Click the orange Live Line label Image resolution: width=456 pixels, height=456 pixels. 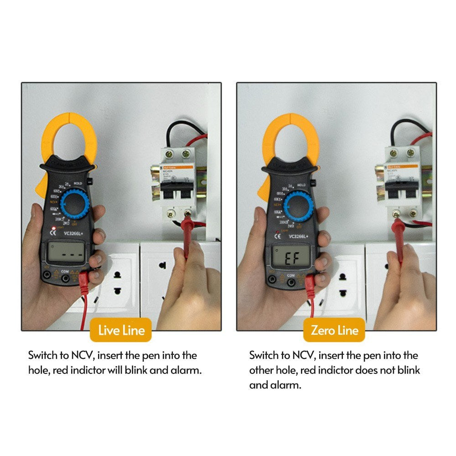121,330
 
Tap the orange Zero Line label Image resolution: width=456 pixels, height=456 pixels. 334,330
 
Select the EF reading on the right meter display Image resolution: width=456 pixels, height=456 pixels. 291,259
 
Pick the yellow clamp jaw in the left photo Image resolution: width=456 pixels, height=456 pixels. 68,137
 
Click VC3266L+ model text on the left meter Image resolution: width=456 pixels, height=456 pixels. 73,233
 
